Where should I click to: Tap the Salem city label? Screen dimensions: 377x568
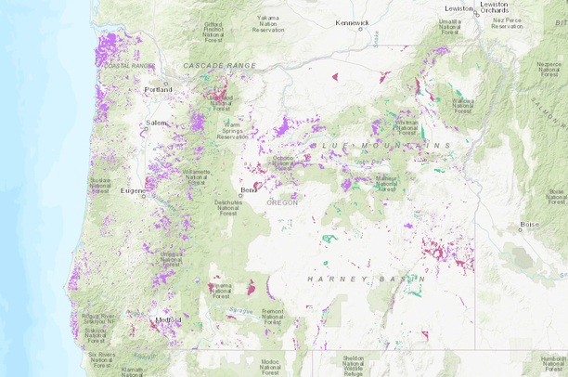pos(154,123)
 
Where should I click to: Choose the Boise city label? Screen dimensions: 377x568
pos(529,224)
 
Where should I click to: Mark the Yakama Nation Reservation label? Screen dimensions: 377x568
pos(266,23)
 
